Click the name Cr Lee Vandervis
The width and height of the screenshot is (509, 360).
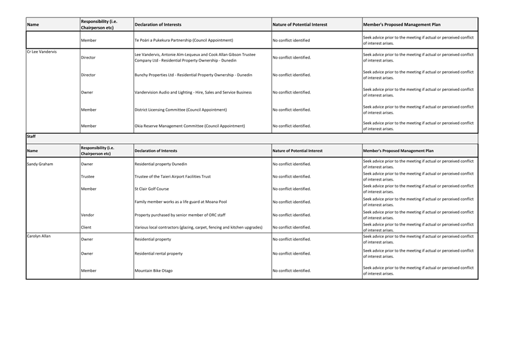42,52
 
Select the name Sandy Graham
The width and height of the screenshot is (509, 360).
40,164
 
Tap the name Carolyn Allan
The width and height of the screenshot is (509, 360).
39,237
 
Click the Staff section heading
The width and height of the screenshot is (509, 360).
31,136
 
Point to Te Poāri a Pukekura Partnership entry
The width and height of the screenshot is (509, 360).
184,40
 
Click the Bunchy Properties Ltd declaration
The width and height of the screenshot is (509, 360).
193,75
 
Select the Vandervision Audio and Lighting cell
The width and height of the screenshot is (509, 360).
193,92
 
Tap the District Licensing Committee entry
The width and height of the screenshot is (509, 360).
181,110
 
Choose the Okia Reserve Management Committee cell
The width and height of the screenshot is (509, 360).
189,126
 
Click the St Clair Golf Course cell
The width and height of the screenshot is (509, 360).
151,189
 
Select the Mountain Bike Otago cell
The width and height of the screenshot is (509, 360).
153,271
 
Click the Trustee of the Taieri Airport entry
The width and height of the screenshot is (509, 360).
173,176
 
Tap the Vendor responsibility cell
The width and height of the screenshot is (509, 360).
88,215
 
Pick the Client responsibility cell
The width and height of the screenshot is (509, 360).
87,227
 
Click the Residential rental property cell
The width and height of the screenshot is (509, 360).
159,253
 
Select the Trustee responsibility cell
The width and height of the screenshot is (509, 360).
88,176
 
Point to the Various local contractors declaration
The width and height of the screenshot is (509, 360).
198,227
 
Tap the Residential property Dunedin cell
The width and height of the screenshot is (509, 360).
161,164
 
